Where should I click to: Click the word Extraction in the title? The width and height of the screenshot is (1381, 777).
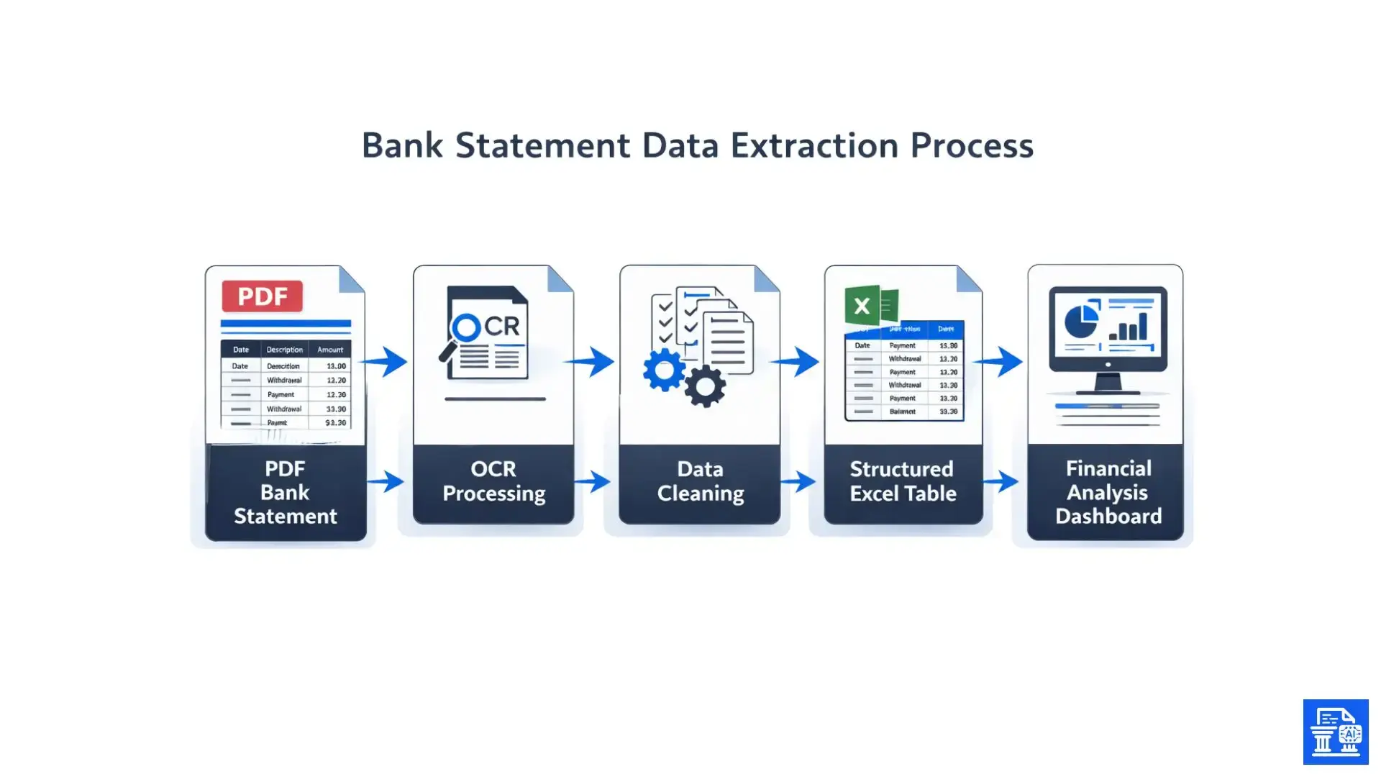coord(814,145)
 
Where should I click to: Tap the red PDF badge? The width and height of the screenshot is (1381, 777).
coord(262,296)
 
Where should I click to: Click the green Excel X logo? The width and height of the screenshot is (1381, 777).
coord(862,306)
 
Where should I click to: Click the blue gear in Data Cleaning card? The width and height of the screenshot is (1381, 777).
coord(663,370)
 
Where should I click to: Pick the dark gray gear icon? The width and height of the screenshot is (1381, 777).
coord(705,386)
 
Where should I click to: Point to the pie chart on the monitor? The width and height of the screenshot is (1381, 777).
coord(1081,321)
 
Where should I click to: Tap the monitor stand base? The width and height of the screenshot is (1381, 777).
coord(1108,391)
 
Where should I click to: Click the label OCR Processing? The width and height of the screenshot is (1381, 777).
coord(493,481)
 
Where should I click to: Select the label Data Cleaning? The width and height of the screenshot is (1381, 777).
coord(700,481)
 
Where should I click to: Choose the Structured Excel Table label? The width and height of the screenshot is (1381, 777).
coord(903,481)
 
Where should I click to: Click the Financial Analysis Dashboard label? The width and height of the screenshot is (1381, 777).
coord(1108,492)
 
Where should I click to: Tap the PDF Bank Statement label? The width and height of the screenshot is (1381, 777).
coord(286,492)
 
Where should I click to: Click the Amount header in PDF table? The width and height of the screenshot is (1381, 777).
coord(330,350)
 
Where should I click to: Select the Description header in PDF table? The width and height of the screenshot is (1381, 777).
coord(284,350)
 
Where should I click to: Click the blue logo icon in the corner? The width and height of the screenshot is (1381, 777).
coord(1336,732)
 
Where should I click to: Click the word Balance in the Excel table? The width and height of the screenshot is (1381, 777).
coord(902,412)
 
